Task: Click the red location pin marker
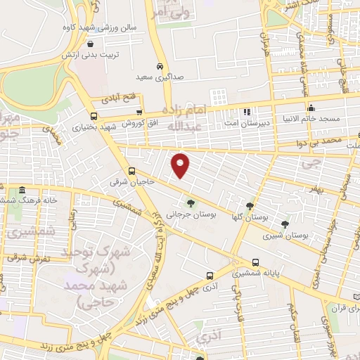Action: (x=181, y=165)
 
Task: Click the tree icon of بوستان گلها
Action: (x=250, y=206)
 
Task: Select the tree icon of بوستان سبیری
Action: (x=285, y=224)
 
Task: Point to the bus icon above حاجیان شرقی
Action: (x=131, y=170)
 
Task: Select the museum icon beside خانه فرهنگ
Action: (x=22, y=190)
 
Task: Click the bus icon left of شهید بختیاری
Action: (x=94, y=117)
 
